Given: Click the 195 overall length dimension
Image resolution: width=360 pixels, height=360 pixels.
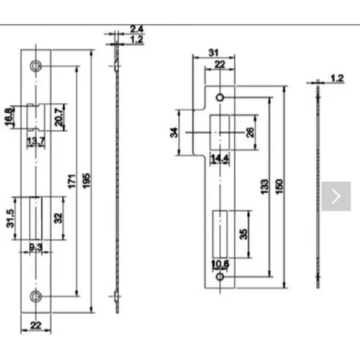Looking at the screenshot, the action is pyautogui.click(x=86, y=181).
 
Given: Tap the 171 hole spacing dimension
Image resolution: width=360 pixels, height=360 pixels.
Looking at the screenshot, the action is pyautogui.click(x=72, y=181).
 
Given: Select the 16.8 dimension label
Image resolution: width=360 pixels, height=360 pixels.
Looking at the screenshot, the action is pyautogui.click(x=9, y=117).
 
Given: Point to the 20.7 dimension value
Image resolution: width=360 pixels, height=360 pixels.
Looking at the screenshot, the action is pyautogui.click(x=59, y=117).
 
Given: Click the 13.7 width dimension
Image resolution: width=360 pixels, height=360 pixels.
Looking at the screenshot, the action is pyautogui.click(x=36, y=141).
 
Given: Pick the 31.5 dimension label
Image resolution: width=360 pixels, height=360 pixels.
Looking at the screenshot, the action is pyautogui.click(x=10, y=218).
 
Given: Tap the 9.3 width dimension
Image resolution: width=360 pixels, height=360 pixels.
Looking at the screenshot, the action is pyautogui.click(x=36, y=247).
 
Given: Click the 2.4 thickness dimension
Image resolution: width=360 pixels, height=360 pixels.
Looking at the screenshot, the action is pyautogui.click(x=137, y=29).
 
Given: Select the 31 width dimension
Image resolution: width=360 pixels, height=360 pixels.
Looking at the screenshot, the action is pyautogui.click(x=214, y=53).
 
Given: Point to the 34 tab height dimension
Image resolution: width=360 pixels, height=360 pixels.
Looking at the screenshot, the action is pyautogui.click(x=174, y=132).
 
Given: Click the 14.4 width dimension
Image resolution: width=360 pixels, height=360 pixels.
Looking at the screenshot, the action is pyautogui.click(x=220, y=158).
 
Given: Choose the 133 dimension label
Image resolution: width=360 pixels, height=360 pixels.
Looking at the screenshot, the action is pyautogui.click(x=264, y=187).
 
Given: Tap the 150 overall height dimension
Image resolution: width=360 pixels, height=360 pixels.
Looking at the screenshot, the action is pyautogui.click(x=279, y=187).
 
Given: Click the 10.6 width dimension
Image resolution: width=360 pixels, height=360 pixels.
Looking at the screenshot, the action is pyautogui.click(x=220, y=264).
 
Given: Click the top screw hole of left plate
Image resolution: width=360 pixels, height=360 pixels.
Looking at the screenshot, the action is pyautogui.click(x=35, y=67).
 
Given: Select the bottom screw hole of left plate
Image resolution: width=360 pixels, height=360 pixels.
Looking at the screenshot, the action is pyautogui.click(x=35, y=296).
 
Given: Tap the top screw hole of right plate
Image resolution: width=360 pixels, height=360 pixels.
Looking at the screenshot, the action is pyautogui.click(x=220, y=98).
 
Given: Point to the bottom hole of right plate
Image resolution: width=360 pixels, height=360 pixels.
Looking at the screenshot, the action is pyautogui.click(x=220, y=277).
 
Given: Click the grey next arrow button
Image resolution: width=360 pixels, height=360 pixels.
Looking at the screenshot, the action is pyautogui.click(x=336, y=196).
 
